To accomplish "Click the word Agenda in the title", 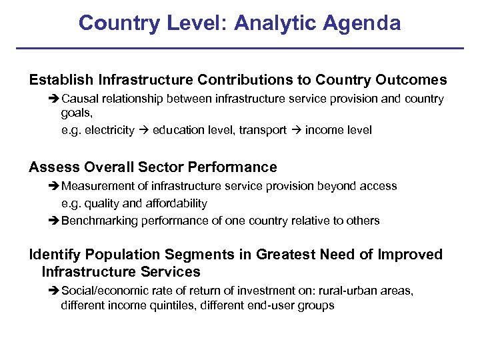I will click(363, 23).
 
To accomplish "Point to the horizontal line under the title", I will click(239, 48).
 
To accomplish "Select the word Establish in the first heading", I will click(61, 80).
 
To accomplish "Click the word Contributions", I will click(245, 80).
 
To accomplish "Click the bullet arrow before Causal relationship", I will click(55, 99).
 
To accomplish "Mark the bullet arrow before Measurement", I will click(55, 187).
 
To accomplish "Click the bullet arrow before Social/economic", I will click(55, 291).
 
